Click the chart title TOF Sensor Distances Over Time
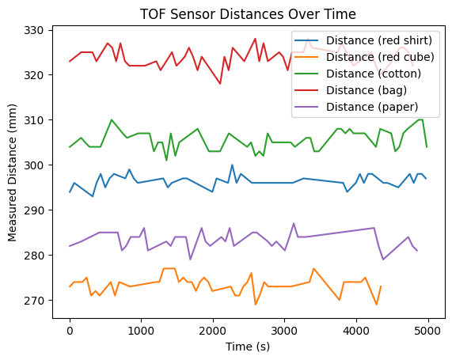(x=248, y=14)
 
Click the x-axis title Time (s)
(x=248, y=347)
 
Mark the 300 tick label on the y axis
(x=38, y=165)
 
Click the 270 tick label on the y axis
(x=38, y=301)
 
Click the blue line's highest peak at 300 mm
(x=232, y=165)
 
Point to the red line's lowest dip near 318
(x=221, y=84)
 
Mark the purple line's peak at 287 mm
(x=294, y=224)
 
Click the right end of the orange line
(x=381, y=286)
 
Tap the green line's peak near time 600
(x=112, y=120)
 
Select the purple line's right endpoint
(x=417, y=251)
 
